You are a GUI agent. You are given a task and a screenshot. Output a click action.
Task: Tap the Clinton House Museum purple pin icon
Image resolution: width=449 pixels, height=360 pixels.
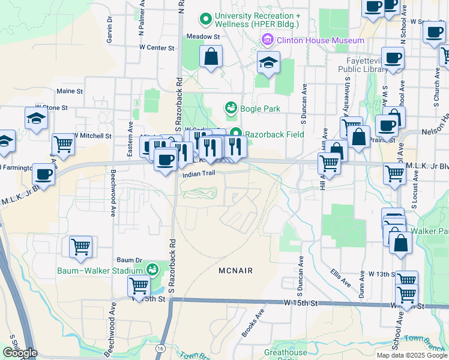pyautogui.click(x=267, y=40)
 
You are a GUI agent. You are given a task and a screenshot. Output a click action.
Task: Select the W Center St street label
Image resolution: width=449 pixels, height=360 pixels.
pyautogui.click(x=156, y=47)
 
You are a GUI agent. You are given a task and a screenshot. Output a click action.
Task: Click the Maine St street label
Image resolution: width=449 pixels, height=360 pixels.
pyautogui.click(x=69, y=91)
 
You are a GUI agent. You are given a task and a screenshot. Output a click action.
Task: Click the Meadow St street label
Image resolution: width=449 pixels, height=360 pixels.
pyautogui.click(x=203, y=37)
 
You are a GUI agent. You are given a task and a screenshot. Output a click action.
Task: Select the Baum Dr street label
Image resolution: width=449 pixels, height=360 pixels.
pyautogui.click(x=128, y=260)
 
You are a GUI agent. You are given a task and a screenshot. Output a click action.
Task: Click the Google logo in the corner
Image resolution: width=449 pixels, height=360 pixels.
pyautogui.click(x=20, y=353)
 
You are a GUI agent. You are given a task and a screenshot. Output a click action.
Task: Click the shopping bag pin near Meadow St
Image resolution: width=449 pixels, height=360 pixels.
pyautogui.click(x=211, y=58)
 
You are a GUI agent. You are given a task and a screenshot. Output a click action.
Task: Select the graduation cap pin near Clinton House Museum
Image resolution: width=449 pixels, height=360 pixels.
pyautogui.click(x=268, y=62)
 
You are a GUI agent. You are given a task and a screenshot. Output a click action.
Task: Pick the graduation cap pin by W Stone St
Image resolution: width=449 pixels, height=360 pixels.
pyautogui.click(x=37, y=118)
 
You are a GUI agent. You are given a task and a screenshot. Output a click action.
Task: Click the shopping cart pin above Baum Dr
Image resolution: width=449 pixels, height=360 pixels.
pyautogui.click(x=80, y=246)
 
